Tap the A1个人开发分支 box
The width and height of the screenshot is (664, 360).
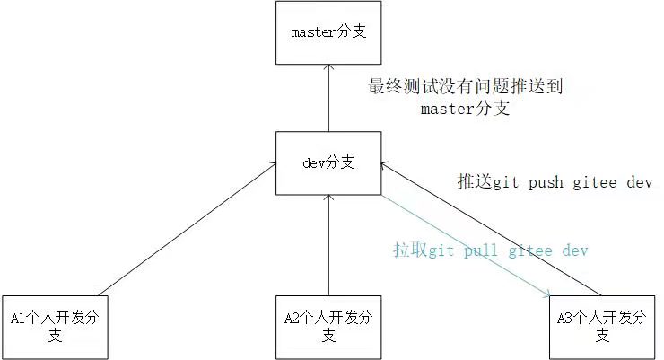(55, 326)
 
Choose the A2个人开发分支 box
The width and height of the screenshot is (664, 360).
(329, 326)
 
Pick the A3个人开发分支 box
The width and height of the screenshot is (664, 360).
(602, 326)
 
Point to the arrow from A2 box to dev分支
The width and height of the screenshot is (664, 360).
(329, 242)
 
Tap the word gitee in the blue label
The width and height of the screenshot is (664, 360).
(533, 250)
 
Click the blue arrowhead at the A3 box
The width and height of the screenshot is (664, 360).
(546, 292)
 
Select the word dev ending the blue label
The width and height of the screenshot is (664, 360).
(575, 250)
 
